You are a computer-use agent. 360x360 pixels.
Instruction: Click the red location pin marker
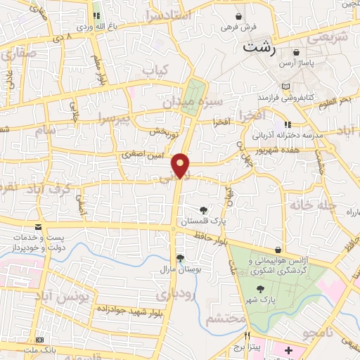pos(181,165)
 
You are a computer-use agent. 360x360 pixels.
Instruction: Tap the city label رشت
pos(257,49)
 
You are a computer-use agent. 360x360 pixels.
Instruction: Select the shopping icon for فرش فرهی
pos(239,16)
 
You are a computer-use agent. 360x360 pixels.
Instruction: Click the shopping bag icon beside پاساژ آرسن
pos(296,52)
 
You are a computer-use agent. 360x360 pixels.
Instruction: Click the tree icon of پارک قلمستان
pos(202,210)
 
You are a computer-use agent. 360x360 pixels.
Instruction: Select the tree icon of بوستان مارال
pos(180,258)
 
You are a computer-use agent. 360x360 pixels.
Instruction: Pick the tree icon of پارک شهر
pos(261,289)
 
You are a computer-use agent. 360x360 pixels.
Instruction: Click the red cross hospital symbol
pos(289,349)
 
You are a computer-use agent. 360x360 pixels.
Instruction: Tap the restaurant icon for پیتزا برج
pos(246,335)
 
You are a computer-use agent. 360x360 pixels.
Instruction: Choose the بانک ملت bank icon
pos(40,340)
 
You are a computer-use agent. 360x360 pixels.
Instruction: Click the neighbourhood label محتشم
pos(226,319)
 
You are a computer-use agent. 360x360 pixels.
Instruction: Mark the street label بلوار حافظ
pos(210,244)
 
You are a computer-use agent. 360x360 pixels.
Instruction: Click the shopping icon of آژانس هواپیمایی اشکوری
pos(280,250)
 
